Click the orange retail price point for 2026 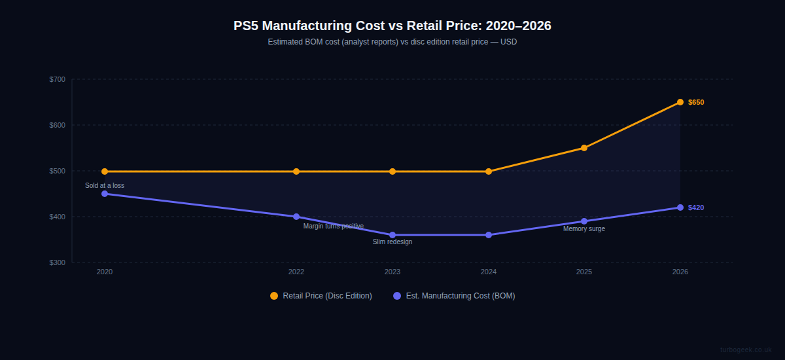pyautogui.click(x=680, y=102)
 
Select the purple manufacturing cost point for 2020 pyautogui.click(x=105, y=194)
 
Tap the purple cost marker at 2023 pyautogui.click(x=392, y=235)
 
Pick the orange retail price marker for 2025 pyautogui.click(x=584, y=148)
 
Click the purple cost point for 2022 pyautogui.click(x=296, y=217)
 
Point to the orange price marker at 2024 pyautogui.click(x=489, y=171)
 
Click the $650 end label pyautogui.click(x=696, y=103)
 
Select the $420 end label pyautogui.click(x=696, y=208)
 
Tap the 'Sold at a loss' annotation pyautogui.click(x=105, y=186)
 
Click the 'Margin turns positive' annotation pyautogui.click(x=333, y=226)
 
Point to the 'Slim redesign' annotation pyautogui.click(x=392, y=242)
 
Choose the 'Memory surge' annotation pyautogui.click(x=584, y=229)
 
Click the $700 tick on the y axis pyautogui.click(x=58, y=80)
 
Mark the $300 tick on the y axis pyautogui.click(x=58, y=263)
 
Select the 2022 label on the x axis pyautogui.click(x=296, y=272)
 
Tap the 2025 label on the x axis pyautogui.click(x=584, y=272)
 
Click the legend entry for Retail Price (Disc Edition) pyautogui.click(x=321, y=296)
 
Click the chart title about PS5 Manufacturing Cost pyautogui.click(x=392, y=26)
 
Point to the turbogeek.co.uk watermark pyautogui.click(x=746, y=350)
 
